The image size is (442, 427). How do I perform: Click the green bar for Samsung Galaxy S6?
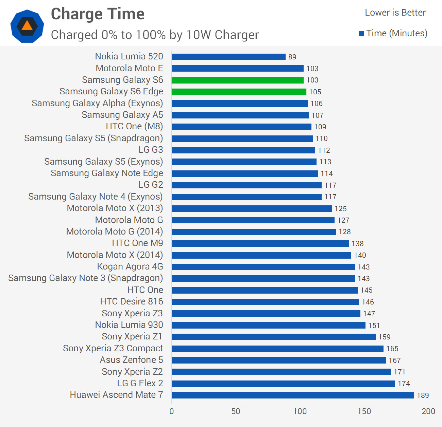coord(237,80)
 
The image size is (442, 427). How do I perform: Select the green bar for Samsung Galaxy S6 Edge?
coord(239,92)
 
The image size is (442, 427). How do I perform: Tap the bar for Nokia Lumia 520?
coord(228,57)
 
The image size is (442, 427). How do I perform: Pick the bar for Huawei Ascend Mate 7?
coord(292,395)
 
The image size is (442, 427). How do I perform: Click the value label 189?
coord(423,395)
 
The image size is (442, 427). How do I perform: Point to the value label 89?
coord(292,57)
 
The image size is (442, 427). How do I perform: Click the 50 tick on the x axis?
coord(236,411)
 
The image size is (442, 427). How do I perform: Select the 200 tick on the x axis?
coord(428,411)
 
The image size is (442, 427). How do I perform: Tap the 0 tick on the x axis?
coord(171,411)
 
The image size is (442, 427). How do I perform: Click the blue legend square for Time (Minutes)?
coord(361,34)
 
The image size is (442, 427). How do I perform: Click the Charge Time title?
coord(98,14)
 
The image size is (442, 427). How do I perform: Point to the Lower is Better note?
coord(395,13)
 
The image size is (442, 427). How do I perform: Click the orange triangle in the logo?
coord(27,25)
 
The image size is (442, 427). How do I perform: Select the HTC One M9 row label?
coord(137,243)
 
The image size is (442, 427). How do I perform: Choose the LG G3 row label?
coord(151,150)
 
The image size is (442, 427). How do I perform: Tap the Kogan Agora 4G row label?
coord(130,266)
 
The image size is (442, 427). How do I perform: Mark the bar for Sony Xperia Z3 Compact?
coord(277,349)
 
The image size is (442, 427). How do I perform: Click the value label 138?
coord(357,244)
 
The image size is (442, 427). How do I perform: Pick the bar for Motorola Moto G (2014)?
coord(254,232)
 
